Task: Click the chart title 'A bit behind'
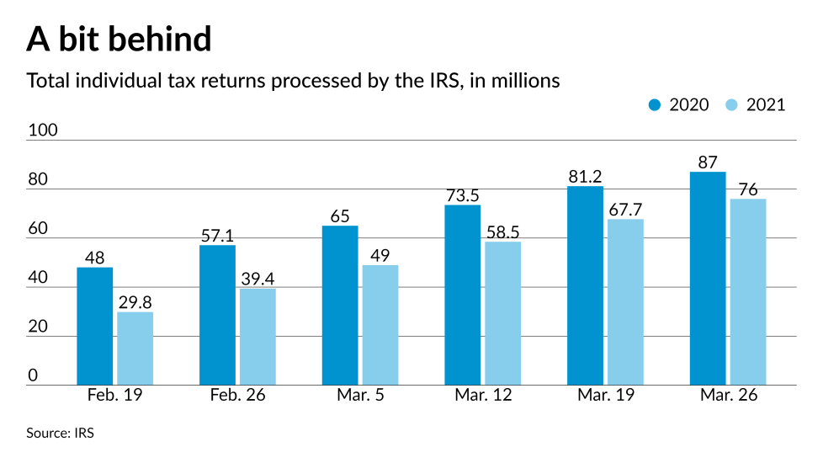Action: point(119,39)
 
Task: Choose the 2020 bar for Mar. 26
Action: point(708,279)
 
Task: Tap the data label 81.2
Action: point(585,176)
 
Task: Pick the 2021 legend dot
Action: point(730,105)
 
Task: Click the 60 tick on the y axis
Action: point(38,229)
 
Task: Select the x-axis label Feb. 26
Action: point(237,396)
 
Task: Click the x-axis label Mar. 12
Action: point(482,396)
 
